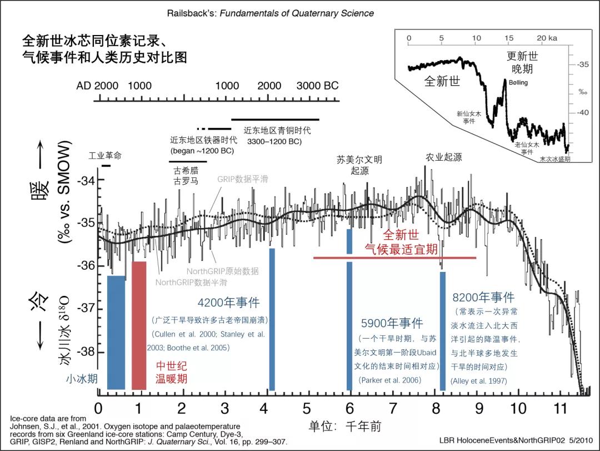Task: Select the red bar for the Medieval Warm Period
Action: pos(139,325)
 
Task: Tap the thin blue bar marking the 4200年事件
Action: pos(272,319)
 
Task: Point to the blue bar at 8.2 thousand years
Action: pos(443,331)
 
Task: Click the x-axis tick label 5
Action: pos(307,408)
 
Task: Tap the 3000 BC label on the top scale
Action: pos(317,86)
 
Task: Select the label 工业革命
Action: pos(105,156)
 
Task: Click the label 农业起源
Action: pos(444,157)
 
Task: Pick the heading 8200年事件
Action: pos(483,298)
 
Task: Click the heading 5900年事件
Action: pos(392,323)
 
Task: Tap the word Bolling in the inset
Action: pos(518,83)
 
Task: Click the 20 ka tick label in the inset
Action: pos(547,38)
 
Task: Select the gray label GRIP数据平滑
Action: pos(242,179)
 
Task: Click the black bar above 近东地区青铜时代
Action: pos(275,119)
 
